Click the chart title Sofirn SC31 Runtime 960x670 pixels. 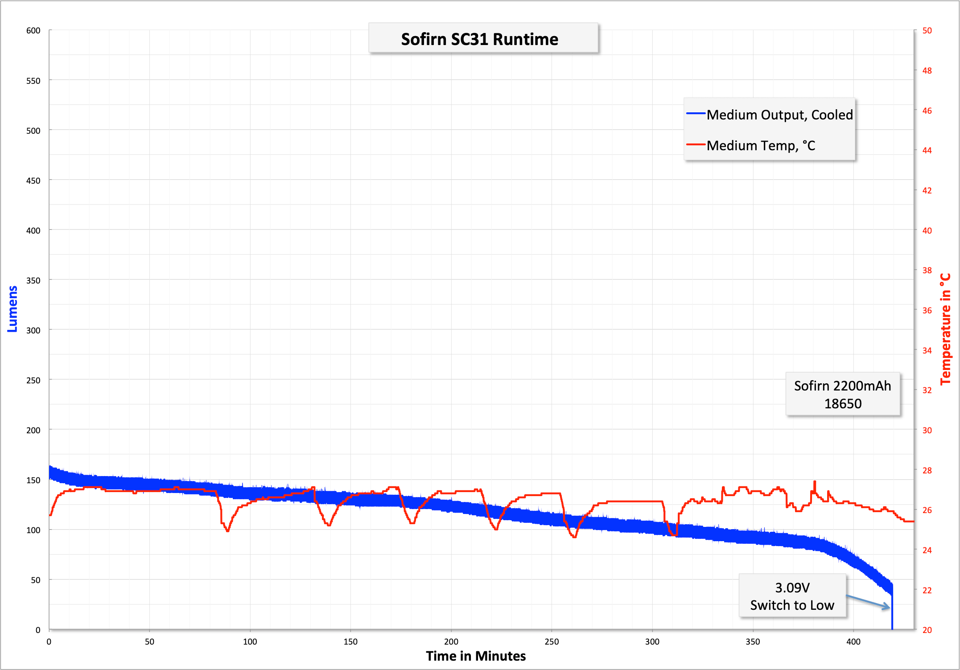(479, 39)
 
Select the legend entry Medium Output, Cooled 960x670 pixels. (779, 115)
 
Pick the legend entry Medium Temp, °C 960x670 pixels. (761, 146)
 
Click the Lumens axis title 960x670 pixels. (12, 309)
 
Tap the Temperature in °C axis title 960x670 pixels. (945, 329)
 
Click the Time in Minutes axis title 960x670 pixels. (476, 656)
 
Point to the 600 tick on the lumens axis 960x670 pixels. (33, 31)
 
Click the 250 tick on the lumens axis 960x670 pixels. (33, 380)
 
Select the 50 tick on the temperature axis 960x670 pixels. (927, 31)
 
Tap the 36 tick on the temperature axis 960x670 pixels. (927, 310)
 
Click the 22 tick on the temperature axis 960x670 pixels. (927, 590)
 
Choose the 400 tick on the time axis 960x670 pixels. (853, 642)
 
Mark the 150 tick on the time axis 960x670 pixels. (350, 642)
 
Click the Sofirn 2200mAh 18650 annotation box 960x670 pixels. (842, 395)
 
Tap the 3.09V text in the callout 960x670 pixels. (792, 588)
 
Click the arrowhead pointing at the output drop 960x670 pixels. (887, 606)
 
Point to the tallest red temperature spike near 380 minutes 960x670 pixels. (815, 482)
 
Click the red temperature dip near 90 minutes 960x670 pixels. (227, 530)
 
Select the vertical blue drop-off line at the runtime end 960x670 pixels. (892, 613)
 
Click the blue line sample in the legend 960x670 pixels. (696, 114)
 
